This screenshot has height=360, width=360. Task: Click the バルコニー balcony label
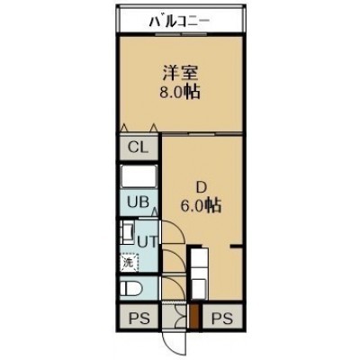pos(179,22)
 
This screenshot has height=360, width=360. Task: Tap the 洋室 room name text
pos(180,73)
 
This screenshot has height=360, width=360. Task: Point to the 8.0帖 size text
pos(180,93)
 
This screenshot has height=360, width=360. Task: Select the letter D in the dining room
pos(202,188)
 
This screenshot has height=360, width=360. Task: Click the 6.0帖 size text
pos(201,206)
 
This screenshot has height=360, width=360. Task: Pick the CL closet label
pos(138,148)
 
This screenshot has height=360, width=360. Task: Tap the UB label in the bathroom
pos(138,202)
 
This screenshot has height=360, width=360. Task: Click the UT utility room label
pos(147,241)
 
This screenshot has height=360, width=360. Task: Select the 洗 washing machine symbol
pos(130,263)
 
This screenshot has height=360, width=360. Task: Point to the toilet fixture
pos(131,289)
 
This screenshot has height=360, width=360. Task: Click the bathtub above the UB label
pos(139,176)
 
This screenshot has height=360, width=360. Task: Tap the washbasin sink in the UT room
pos(127,232)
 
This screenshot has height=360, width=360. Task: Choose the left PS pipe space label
pos(139,319)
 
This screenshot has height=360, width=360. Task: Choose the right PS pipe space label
pos(222,319)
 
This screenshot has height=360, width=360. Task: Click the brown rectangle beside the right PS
pos(194,317)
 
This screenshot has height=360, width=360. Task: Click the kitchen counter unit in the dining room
pos(199,273)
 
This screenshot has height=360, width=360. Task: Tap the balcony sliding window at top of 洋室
pos(181,34)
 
